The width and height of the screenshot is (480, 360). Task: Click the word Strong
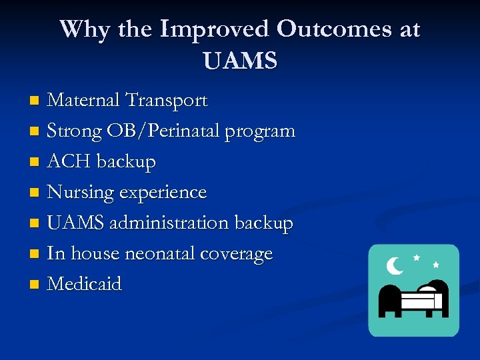click(74, 131)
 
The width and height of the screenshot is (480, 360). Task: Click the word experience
click(165, 193)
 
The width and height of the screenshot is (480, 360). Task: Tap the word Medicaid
click(85, 285)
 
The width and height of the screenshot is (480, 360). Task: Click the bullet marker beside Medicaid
click(35, 285)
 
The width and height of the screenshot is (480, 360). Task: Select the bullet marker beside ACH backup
click(35, 163)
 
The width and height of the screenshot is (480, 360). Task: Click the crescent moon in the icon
click(395, 266)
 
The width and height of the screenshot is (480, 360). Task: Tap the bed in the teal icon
click(413, 301)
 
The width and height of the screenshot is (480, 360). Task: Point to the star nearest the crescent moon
click(417, 257)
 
